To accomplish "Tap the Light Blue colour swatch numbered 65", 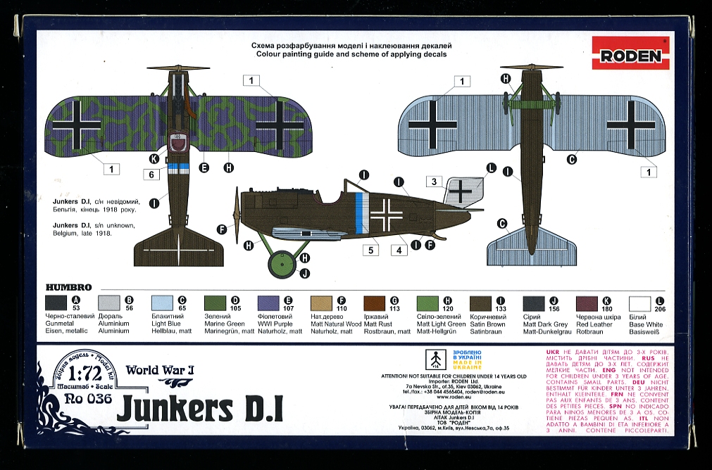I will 162,303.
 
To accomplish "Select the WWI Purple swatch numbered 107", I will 268,303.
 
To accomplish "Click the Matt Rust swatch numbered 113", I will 375,303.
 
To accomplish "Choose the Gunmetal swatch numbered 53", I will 56,303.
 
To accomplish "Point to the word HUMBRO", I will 69,287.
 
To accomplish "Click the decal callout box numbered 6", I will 151,173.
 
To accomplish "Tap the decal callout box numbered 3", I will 435,182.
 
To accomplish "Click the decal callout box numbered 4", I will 398,248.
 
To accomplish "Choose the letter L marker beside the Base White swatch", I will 659,300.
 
